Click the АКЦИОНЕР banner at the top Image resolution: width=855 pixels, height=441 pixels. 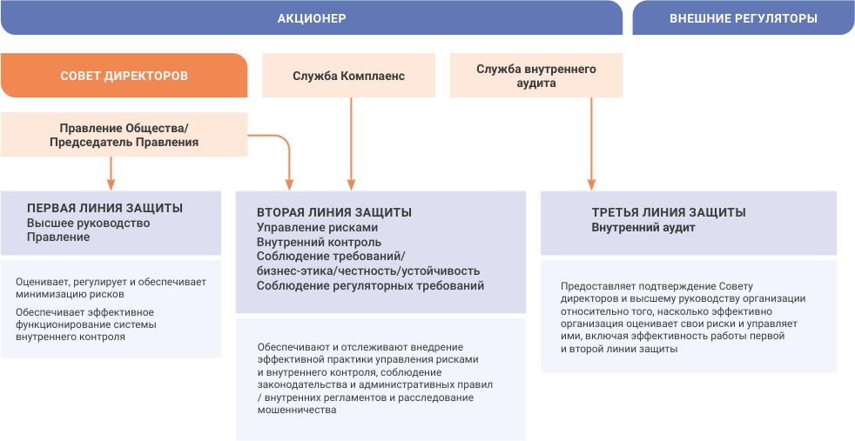coord(312,18)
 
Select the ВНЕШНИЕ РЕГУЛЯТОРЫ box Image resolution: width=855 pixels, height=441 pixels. coord(744,18)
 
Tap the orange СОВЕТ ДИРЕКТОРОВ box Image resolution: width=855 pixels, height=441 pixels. coord(124,76)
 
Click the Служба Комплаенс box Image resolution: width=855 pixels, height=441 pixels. coord(349,76)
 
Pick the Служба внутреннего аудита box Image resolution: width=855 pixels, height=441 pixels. coord(536,76)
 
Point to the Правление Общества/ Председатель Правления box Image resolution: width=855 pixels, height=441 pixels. coord(124,135)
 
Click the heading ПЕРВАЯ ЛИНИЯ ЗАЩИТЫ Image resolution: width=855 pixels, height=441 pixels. coord(105,209)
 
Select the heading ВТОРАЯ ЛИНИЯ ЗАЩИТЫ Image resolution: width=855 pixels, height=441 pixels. coord(334,213)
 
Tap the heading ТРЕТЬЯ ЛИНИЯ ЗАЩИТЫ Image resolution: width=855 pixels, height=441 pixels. coord(669,213)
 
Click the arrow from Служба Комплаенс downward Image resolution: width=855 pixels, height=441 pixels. coord(352,144)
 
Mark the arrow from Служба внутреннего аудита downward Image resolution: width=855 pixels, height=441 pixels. coord(592,144)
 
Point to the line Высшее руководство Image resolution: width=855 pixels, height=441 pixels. coord(88,224)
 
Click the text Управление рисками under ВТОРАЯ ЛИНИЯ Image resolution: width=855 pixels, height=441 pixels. coord(317,228)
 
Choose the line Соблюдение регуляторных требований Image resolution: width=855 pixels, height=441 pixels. coord(370,286)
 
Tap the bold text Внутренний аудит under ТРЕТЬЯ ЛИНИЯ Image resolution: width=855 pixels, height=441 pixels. coord(643,228)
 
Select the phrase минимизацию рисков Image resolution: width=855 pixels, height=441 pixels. coord(71,295)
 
